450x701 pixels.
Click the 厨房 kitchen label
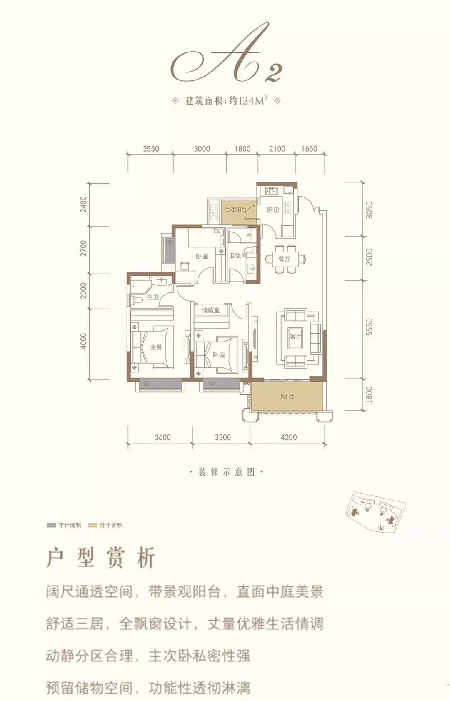[x=273, y=210]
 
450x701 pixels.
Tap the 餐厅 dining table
[x=285, y=259]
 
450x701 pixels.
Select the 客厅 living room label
[x=295, y=336]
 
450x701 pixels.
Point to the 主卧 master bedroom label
[x=156, y=347]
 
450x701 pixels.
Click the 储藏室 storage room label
[x=210, y=310]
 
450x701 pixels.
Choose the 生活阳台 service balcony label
[x=235, y=210]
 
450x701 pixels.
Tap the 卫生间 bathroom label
[x=238, y=255]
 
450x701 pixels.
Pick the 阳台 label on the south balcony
[x=287, y=397]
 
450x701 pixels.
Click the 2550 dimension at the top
[x=151, y=149]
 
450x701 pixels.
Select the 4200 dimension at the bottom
[x=289, y=437]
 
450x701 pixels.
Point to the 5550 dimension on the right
[x=369, y=327]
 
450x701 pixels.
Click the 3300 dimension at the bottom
[x=222, y=437]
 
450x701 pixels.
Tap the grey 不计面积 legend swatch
[x=51, y=525]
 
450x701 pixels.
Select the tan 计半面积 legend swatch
[x=92, y=525]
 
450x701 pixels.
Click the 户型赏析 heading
[x=101, y=558]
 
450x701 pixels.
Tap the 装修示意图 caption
[x=226, y=472]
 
